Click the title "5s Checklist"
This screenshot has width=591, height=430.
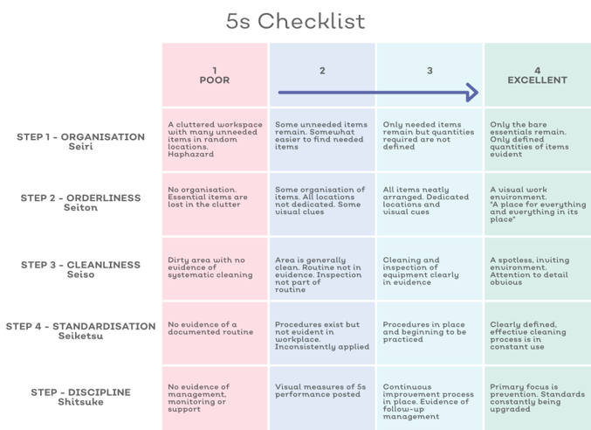click(295, 21)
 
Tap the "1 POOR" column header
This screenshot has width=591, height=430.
click(215, 75)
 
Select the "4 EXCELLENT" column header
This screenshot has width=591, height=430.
click(537, 75)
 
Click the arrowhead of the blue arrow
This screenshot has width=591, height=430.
click(472, 93)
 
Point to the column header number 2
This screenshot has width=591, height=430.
click(322, 71)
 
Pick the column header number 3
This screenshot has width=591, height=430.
click(430, 71)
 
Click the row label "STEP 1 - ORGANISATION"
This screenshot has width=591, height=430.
click(80, 137)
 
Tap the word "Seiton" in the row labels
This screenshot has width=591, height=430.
click(80, 207)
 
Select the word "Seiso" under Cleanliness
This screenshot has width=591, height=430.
click(80, 274)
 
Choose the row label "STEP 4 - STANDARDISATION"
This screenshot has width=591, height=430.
click(80, 326)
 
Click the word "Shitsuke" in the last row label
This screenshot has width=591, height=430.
click(80, 402)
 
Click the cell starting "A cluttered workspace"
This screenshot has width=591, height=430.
click(216, 139)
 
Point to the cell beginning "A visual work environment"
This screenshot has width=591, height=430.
click(538, 204)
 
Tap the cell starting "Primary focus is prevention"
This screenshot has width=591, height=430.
click(538, 398)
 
